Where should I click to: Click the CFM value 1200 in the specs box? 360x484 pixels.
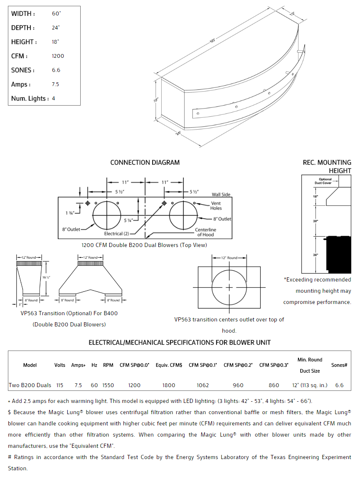(58, 56)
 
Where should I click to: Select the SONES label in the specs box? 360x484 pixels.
(23, 70)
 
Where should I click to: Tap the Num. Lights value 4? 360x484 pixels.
(54, 99)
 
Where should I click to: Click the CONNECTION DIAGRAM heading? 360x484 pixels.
(145, 163)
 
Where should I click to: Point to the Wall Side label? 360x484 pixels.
(221, 195)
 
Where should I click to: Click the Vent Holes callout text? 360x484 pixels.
(216, 206)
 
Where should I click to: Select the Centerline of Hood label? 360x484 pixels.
(205, 232)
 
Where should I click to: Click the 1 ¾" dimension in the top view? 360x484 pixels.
(70, 213)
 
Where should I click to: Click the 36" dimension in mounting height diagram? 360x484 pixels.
(316, 254)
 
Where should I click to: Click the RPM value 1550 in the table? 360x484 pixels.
(108, 385)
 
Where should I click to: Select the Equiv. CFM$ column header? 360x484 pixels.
(169, 365)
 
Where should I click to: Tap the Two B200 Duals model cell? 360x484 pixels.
(30, 385)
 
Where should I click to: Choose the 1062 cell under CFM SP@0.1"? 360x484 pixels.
(203, 385)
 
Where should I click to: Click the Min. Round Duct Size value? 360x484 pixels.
(310, 385)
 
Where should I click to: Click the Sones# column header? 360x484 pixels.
(339, 365)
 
